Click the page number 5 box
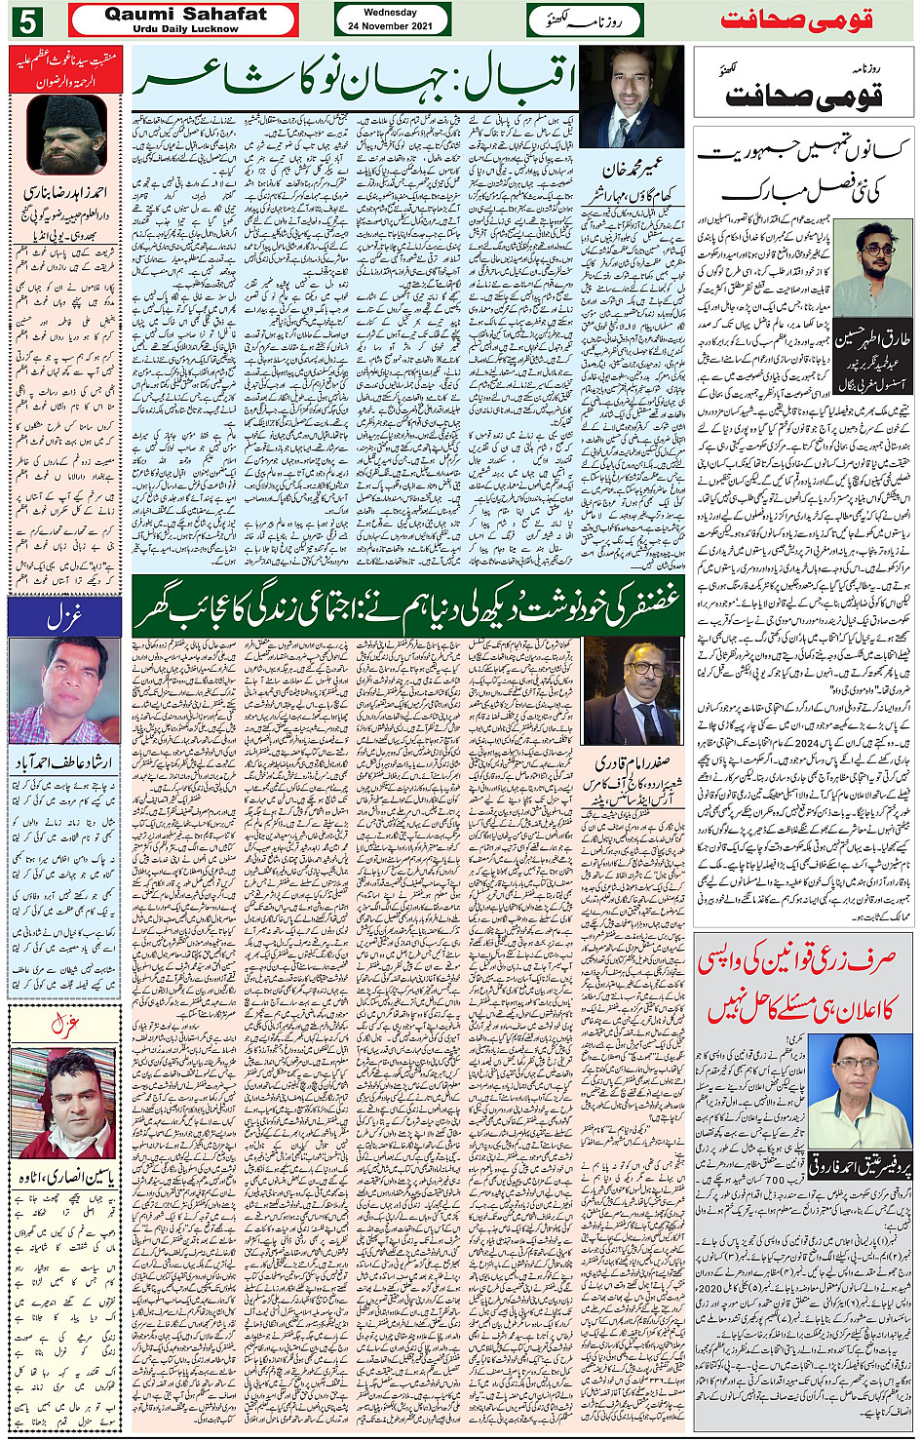[27, 20]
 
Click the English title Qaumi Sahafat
[185, 14]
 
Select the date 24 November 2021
[390, 26]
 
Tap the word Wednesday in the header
[390, 13]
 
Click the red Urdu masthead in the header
[796, 20]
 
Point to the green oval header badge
[584, 20]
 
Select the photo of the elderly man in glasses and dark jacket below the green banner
[632, 690]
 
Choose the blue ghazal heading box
[64, 616]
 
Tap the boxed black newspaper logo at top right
[804, 88]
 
